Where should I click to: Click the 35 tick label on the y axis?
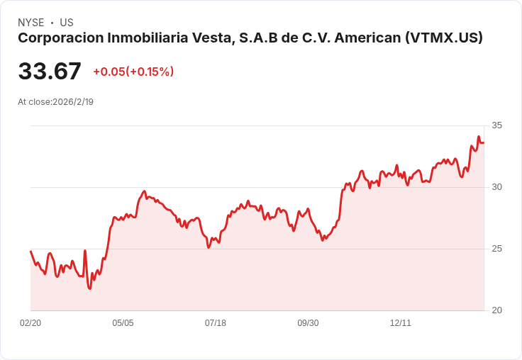tap(496, 125)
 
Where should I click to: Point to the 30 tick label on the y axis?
tap(496, 187)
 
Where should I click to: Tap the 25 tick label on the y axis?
tap(496, 249)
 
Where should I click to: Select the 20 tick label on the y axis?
tap(496, 310)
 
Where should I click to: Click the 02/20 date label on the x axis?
tap(30, 323)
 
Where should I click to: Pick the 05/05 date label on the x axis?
tap(123, 323)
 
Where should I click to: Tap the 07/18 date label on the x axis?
tap(216, 323)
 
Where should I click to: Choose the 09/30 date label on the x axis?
tap(308, 323)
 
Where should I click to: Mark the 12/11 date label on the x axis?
tap(401, 323)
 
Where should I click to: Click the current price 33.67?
tap(50, 72)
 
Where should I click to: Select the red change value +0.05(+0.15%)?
tap(133, 72)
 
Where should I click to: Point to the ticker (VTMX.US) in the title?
tap(443, 38)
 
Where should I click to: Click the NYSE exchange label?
tap(30, 23)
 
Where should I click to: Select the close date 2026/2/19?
tap(73, 102)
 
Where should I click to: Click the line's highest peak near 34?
tap(479, 137)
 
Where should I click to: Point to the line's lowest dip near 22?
tap(89, 288)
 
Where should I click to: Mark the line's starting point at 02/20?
tap(30, 251)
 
